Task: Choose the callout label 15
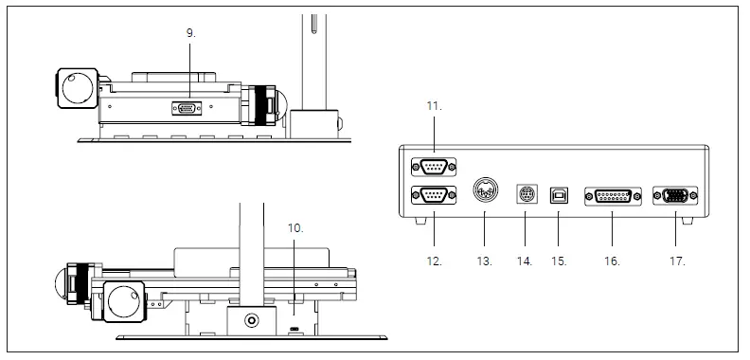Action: (561, 258)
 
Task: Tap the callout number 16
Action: (613, 258)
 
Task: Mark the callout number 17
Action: (678, 258)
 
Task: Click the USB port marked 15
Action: (561, 196)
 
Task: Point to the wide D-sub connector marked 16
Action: (613, 196)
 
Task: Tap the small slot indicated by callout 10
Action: (295, 328)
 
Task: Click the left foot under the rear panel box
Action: (419, 220)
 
